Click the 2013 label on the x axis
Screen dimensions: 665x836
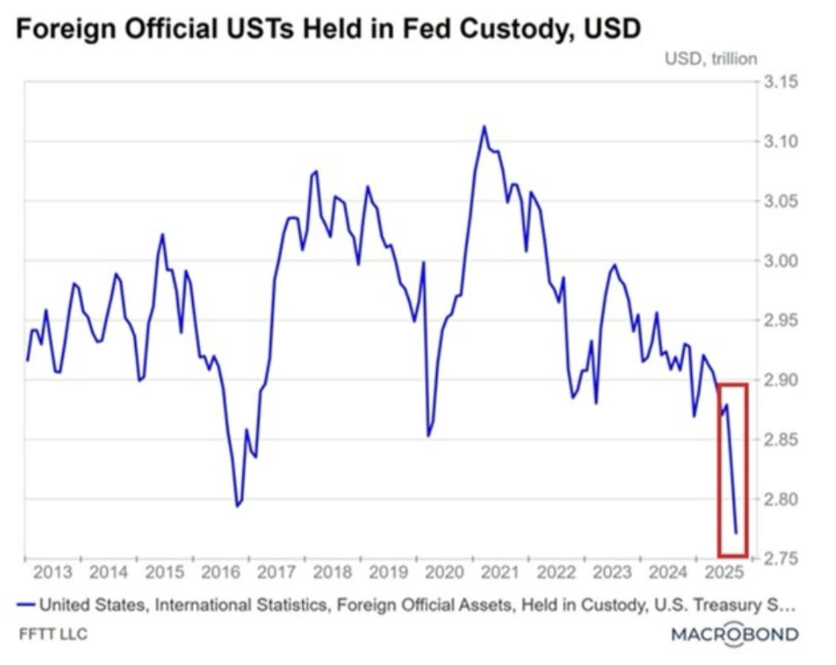52,573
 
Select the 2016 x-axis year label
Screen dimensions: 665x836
221,573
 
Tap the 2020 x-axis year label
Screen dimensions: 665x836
444,573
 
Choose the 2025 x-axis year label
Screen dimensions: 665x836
723,573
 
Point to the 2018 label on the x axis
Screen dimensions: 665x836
332,573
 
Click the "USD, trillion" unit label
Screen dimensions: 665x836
710,59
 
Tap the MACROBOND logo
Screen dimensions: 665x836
734,634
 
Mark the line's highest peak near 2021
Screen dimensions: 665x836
484,126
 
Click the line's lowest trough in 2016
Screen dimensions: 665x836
237,506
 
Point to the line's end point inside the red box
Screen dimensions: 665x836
736,533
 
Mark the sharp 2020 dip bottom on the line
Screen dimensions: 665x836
428,436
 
